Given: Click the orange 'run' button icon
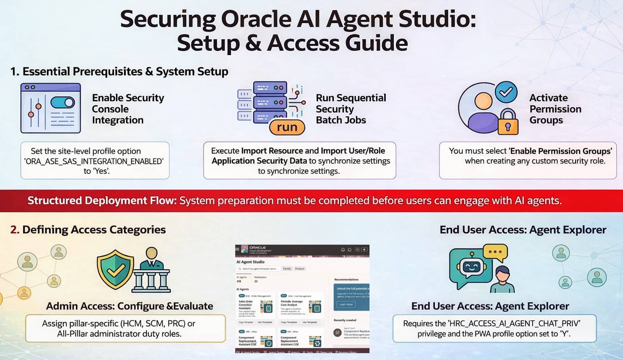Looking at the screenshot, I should [x=287, y=127].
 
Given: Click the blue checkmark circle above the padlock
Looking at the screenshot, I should [x=506, y=92].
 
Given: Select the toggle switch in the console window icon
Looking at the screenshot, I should [x=63, y=102].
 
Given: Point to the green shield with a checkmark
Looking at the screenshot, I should [x=115, y=270].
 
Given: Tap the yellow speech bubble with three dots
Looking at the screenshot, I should [x=495, y=252].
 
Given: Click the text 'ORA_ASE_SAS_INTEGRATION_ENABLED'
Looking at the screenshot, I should [x=94, y=161].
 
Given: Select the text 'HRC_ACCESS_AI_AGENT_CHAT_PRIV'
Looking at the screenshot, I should [x=514, y=324].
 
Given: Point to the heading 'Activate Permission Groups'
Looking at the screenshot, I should [x=555, y=109].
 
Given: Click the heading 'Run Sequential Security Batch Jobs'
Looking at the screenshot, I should [x=351, y=109].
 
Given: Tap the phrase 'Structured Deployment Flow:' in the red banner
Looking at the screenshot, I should [x=102, y=201].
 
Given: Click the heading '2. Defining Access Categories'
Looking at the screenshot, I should [x=88, y=230].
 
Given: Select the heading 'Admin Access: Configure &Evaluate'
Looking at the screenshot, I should [x=129, y=306].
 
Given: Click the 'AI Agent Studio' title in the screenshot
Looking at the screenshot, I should [x=250, y=262].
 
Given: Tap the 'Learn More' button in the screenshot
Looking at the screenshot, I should [x=346, y=304].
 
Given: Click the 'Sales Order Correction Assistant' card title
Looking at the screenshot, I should [x=246, y=304].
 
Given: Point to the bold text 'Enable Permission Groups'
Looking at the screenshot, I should [x=561, y=151].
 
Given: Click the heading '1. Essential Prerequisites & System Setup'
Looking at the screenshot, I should [x=119, y=72].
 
